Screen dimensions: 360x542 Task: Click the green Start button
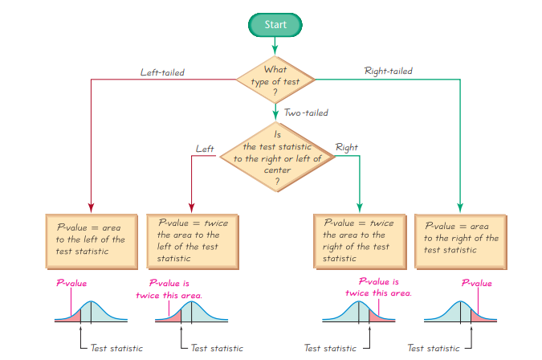[275, 25]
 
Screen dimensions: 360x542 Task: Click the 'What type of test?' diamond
[275, 80]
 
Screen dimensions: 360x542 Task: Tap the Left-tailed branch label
[162, 72]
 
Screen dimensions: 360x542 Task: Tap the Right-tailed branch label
[388, 72]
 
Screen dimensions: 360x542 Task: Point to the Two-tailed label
[306, 113]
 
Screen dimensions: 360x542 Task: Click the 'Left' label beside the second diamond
[205, 148]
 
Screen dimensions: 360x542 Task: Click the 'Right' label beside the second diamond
[347, 148]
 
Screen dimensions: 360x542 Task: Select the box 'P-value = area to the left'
[90, 239]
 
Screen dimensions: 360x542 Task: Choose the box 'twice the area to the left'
[190, 239]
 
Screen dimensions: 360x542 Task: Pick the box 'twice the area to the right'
[358, 239]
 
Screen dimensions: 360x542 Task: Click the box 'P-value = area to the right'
[460, 239]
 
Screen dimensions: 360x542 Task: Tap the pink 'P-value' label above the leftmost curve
[71, 283]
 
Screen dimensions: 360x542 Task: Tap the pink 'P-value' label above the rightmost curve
[476, 283]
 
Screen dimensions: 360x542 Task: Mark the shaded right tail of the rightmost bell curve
[480, 317]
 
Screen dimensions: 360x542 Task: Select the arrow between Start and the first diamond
[275, 45]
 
